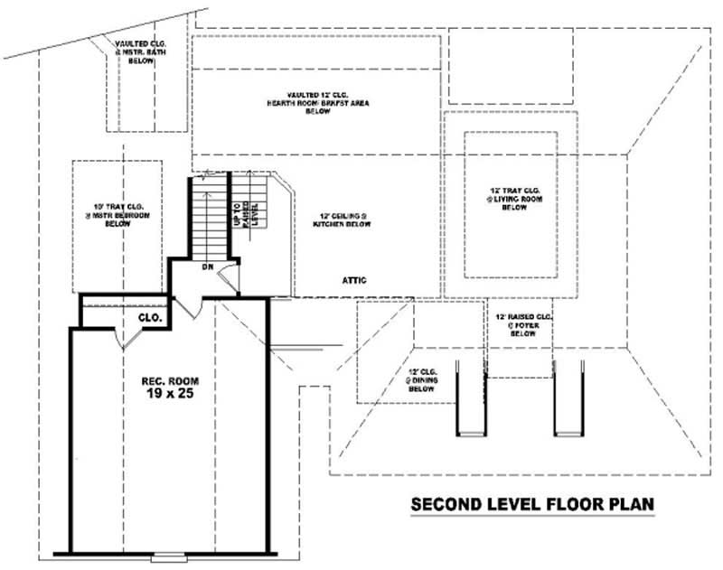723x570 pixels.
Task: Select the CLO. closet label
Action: click(x=149, y=318)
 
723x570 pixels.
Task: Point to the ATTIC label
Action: click(x=353, y=280)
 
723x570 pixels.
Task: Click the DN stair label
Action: click(x=206, y=266)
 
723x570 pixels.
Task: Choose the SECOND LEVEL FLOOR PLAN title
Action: click(x=531, y=503)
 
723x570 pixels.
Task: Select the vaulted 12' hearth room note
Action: click(x=316, y=103)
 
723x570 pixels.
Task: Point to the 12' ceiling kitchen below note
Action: click(x=343, y=219)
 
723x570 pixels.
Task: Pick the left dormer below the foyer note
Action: click(x=470, y=397)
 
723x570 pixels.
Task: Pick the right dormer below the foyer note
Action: click(x=566, y=397)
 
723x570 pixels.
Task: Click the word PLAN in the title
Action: click(x=628, y=503)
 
